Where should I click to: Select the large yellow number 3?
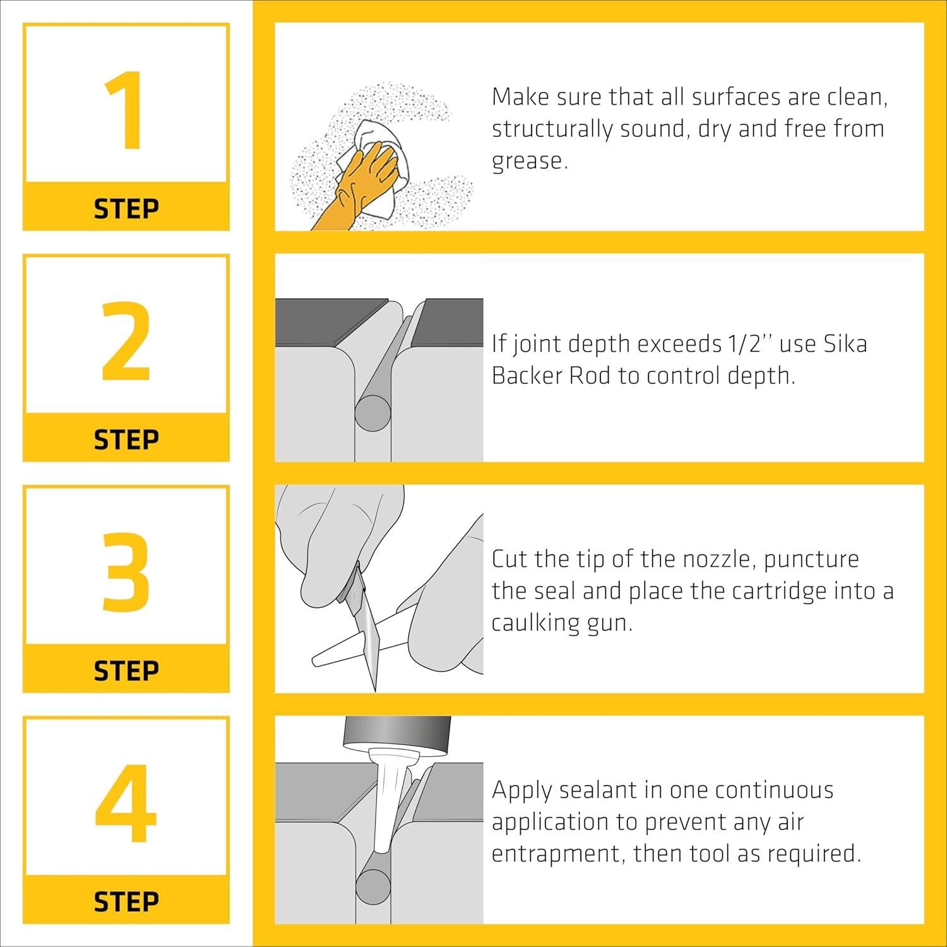(126, 572)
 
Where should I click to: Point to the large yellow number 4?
(126, 803)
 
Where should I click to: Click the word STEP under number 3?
(126, 670)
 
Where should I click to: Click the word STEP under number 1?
(126, 208)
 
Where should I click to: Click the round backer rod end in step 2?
(373, 413)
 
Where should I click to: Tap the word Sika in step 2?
(845, 344)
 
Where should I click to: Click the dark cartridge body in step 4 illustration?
(396, 732)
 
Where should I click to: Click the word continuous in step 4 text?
(775, 790)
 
